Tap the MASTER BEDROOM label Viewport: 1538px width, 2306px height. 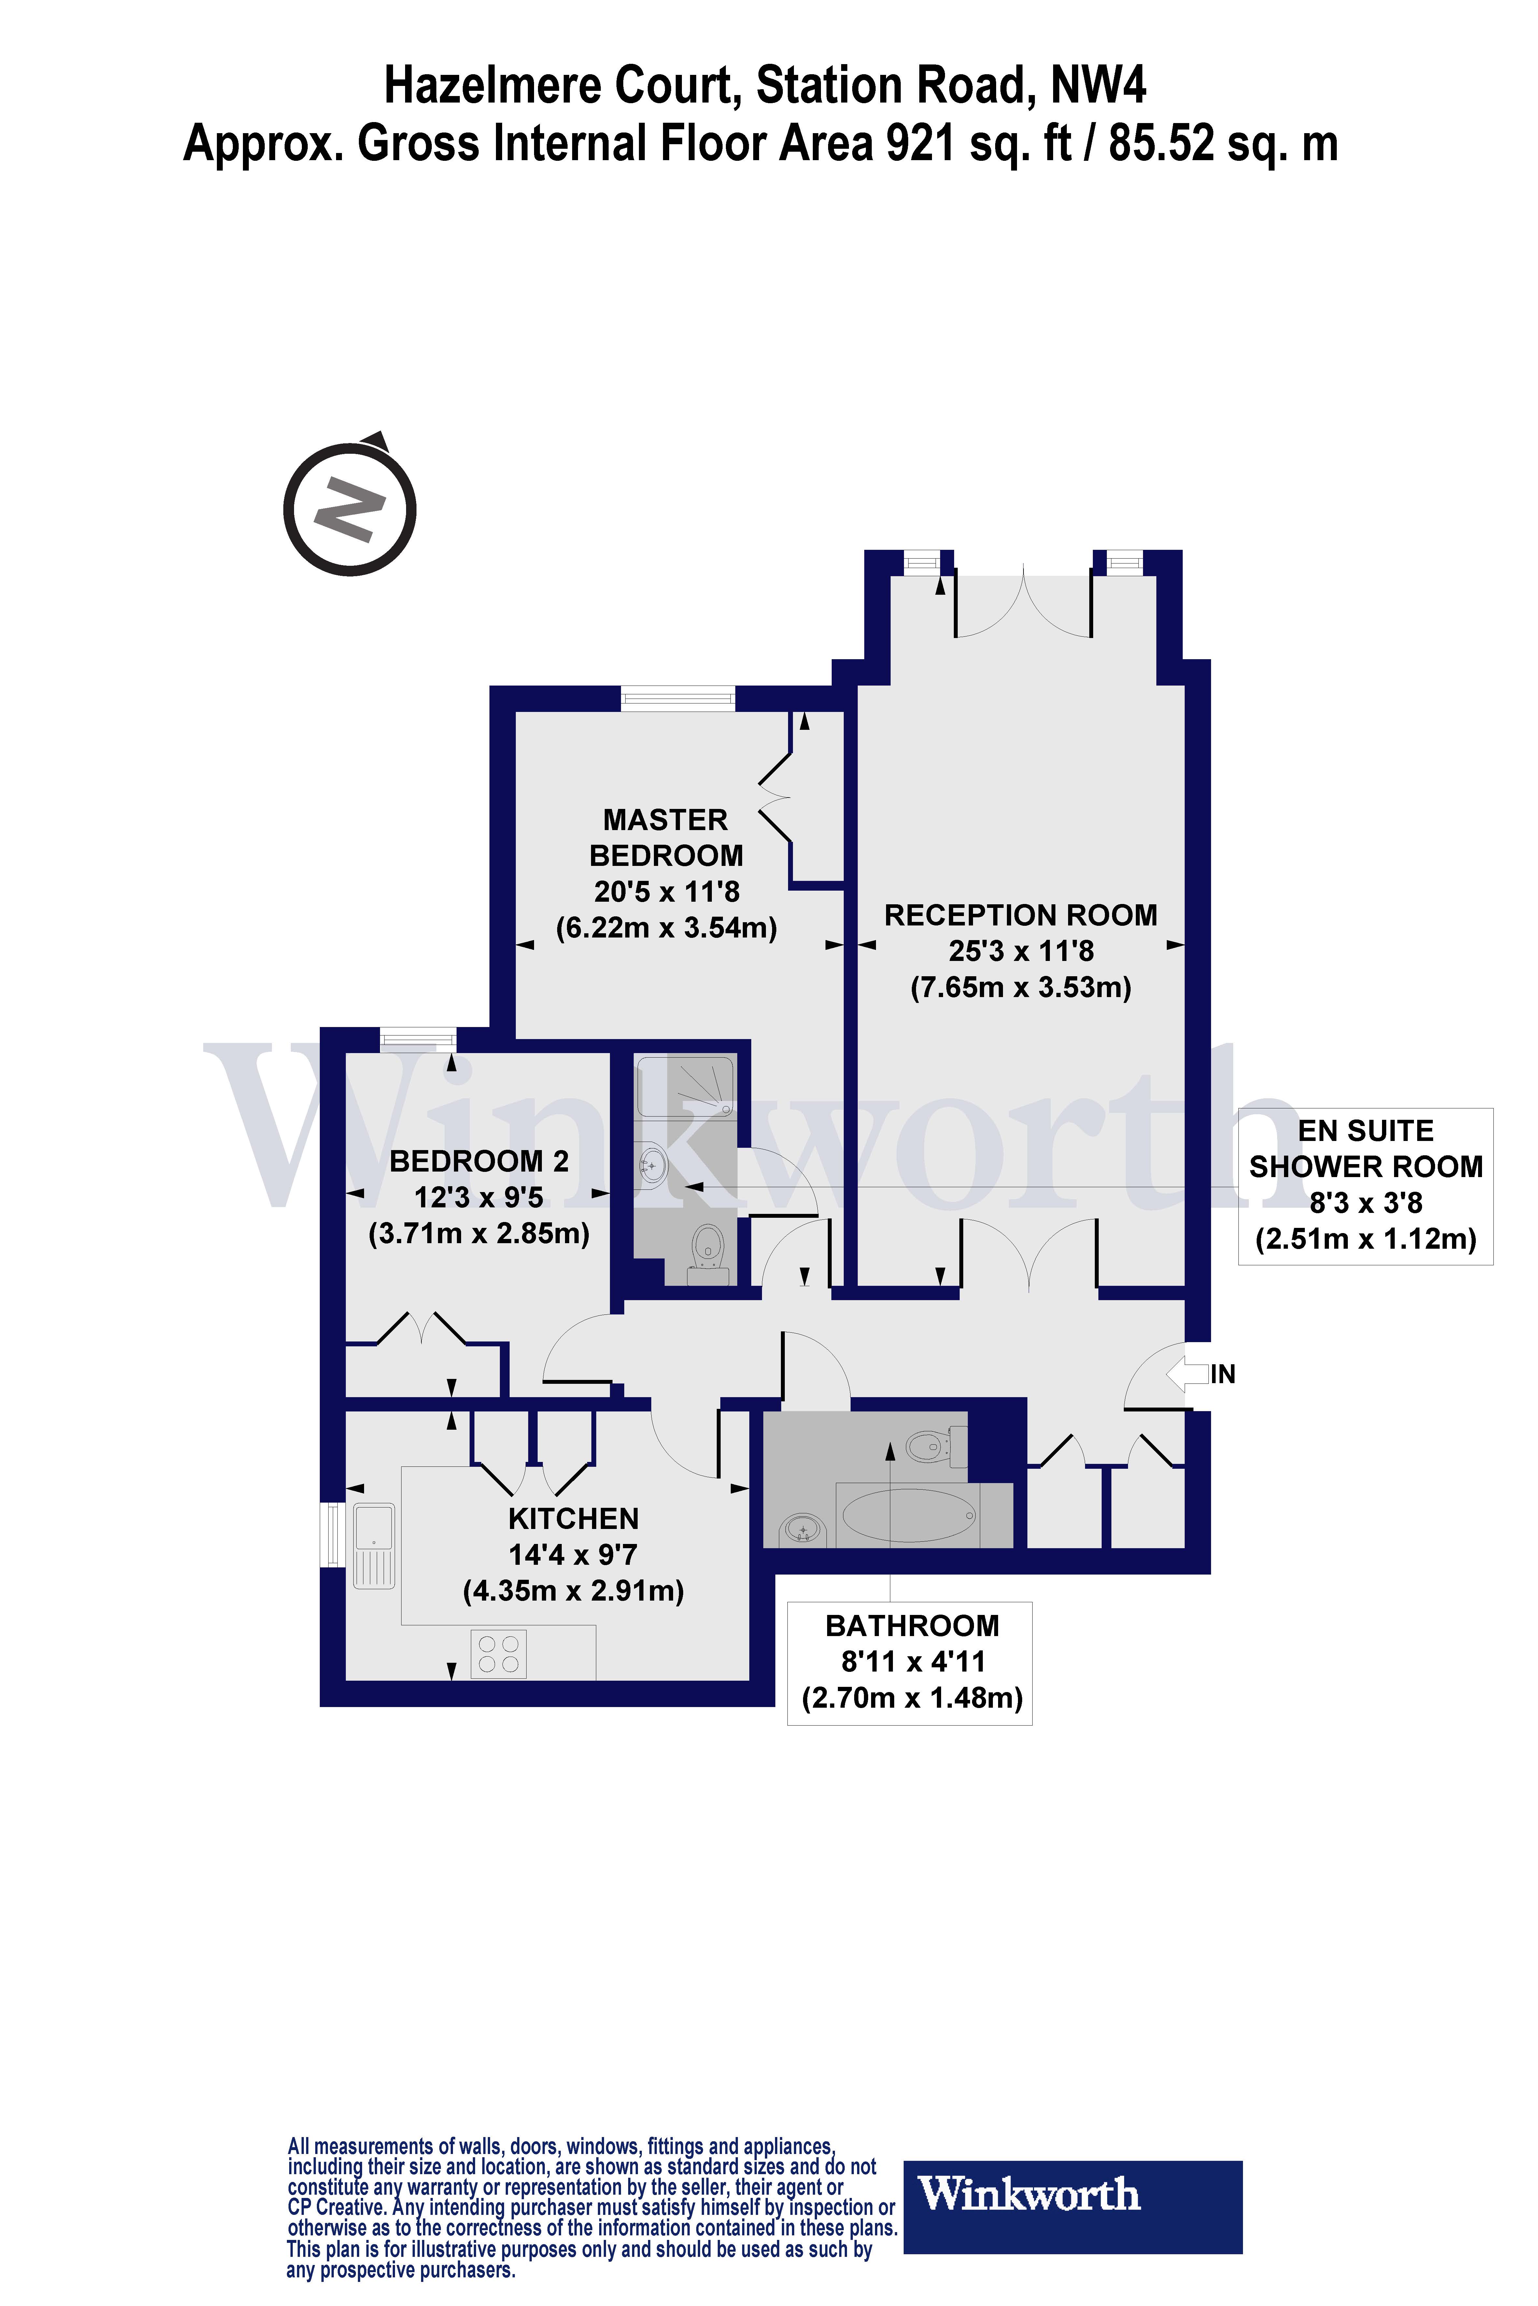666,837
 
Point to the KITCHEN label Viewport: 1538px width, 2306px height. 574,1519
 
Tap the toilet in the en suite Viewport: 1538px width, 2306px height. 708,1250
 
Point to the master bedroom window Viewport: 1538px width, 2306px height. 678,698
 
